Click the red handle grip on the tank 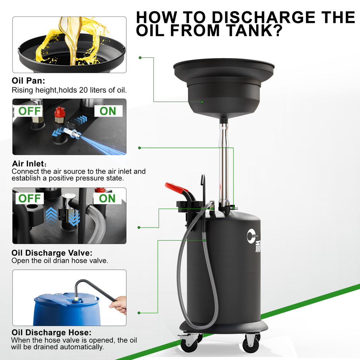(176, 187)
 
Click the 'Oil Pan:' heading (28, 81)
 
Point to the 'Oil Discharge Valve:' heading (52, 253)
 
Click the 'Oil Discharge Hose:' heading (51, 333)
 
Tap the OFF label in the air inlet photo (30, 111)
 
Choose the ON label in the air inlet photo (108, 111)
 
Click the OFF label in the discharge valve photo (30, 198)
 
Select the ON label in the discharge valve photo (107, 198)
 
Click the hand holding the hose (118, 304)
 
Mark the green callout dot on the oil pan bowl (202, 102)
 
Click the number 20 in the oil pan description (83, 90)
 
